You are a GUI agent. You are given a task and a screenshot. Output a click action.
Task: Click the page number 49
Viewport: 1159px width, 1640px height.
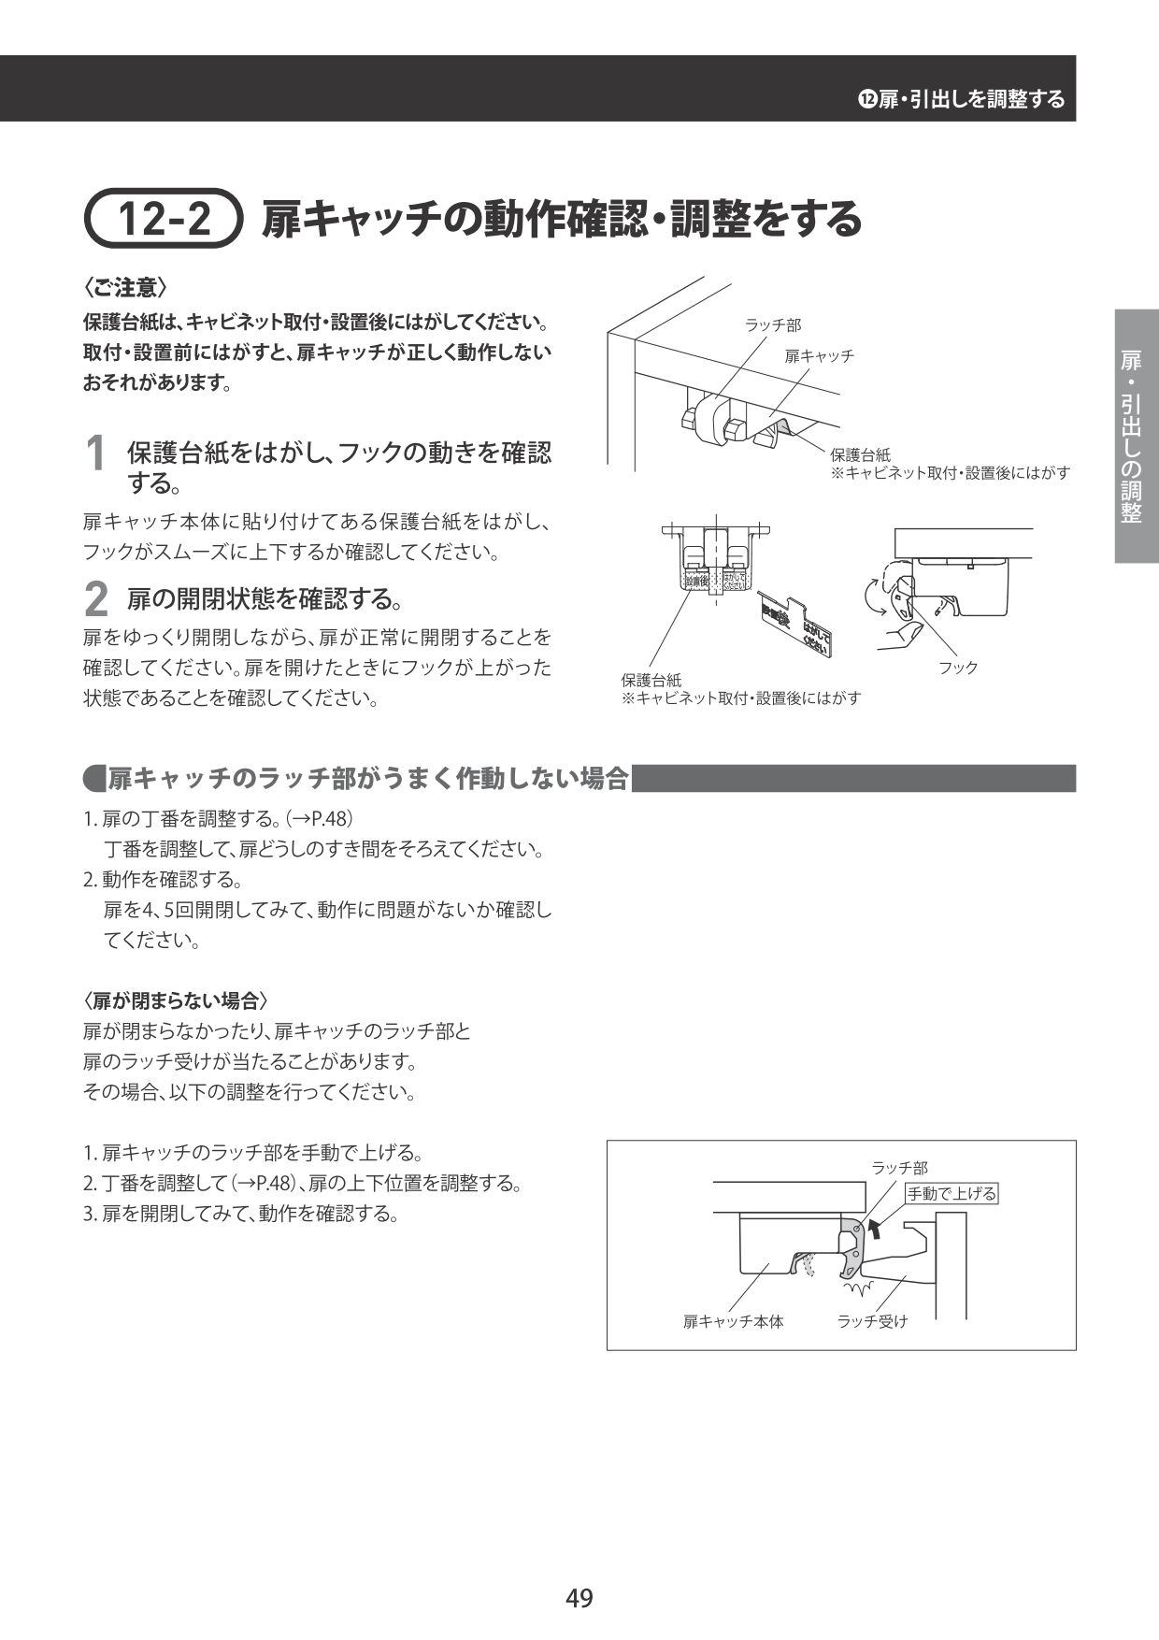tap(579, 1598)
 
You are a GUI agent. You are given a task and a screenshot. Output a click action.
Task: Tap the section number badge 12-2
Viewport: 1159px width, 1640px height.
tap(165, 220)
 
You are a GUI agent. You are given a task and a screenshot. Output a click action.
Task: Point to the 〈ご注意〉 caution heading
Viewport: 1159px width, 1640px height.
tap(125, 287)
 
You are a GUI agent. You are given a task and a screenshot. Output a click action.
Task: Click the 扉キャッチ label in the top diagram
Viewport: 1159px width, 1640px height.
tap(819, 356)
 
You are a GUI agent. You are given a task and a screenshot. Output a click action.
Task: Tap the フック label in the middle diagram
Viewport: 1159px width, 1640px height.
tap(958, 668)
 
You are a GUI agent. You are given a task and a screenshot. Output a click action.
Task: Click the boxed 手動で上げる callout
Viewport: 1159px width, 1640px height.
tap(952, 1193)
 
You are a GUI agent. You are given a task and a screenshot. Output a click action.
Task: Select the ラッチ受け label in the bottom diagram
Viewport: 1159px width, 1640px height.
tap(872, 1321)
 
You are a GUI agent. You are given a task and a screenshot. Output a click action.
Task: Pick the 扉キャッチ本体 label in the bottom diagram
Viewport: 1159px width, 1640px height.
tap(733, 1321)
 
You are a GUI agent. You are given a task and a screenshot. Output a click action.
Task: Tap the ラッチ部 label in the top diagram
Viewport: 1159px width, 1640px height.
tap(772, 325)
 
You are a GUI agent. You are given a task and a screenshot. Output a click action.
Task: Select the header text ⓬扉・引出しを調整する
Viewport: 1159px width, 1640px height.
tap(962, 99)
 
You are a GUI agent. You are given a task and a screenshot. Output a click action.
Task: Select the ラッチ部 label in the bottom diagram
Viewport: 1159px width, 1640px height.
tap(899, 1168)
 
